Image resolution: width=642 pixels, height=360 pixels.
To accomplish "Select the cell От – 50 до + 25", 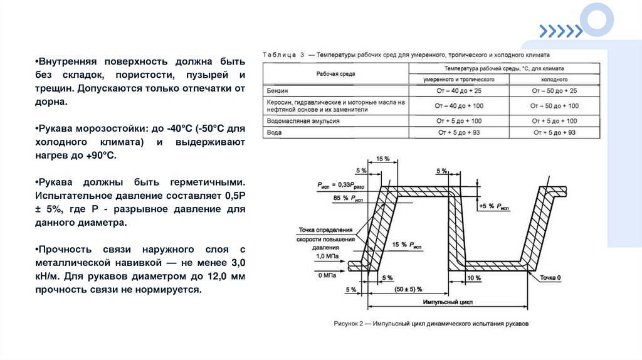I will tap(554, 91).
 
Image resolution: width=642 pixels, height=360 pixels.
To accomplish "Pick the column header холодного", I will tap(554, 80).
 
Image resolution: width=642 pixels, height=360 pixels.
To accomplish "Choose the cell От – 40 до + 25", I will tap(459, 91).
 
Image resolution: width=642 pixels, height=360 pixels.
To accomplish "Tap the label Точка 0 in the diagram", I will tap(550, 277).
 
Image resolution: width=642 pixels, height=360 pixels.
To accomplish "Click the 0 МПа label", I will tap(327, 275).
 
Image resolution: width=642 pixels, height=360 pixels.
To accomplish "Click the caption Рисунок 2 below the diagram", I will tap(430, 324).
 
